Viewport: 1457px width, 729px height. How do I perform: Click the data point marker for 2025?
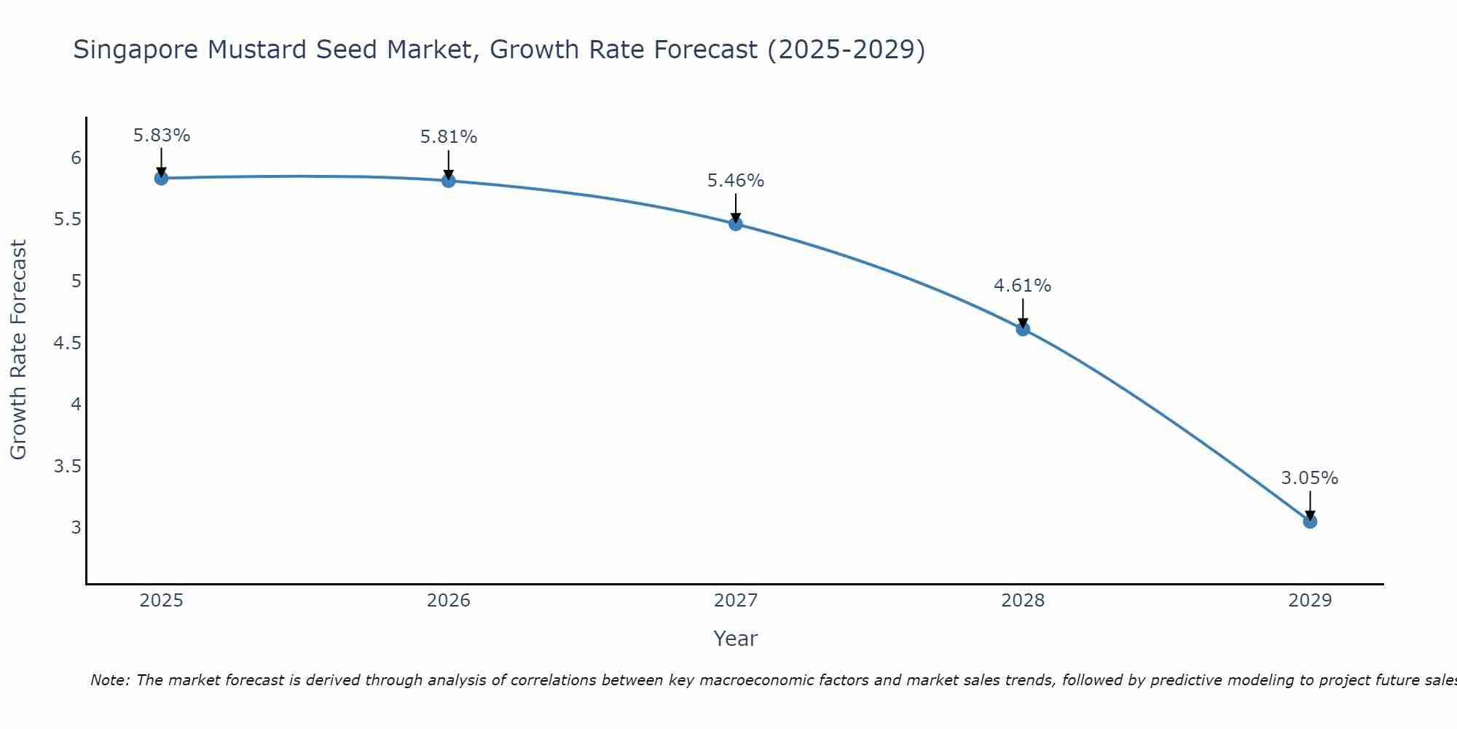pyautogui.click(x=162, y=178)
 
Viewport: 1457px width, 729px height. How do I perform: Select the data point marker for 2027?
pyautogui.click(x=736, y=224)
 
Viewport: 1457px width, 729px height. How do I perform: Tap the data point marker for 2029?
pyautogui.click(x=1310, y=521)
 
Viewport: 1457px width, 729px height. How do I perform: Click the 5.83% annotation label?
pyautogui.click(x=162, y=136)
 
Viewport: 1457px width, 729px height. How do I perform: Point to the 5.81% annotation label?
pyautogui.click(x=449, y=137)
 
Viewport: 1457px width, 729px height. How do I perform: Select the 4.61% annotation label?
pyautogui.click(x=1023, y=286)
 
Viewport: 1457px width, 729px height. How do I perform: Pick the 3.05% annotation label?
pyautogui.click(x=1310, y=478)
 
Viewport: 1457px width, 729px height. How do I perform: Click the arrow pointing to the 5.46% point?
pyautogui.click(x=736, y=208)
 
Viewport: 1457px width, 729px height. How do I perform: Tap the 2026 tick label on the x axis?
pyautogui.click(x=449, y=601)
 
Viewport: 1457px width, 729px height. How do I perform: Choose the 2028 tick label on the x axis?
pyautogui.click(x=1023, y=601)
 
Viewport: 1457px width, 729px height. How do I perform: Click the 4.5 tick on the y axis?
pyautogui.click(x=67, y=343)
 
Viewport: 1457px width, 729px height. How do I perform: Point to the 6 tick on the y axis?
pyautogui.click(x=76, y=158)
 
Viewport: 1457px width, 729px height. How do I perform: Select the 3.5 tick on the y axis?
pyautogui.click(x=67, y=466)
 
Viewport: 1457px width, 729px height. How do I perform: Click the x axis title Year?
pyautogui.click(x=736, y=639)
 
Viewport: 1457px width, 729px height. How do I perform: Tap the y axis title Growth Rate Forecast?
pyautogui.click(x=19, y=350)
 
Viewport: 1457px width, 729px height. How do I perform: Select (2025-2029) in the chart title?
pyautogui.click(x=846, y=50)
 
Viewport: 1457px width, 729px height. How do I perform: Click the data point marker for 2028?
pyautogui.click(x=1023, y=329)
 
